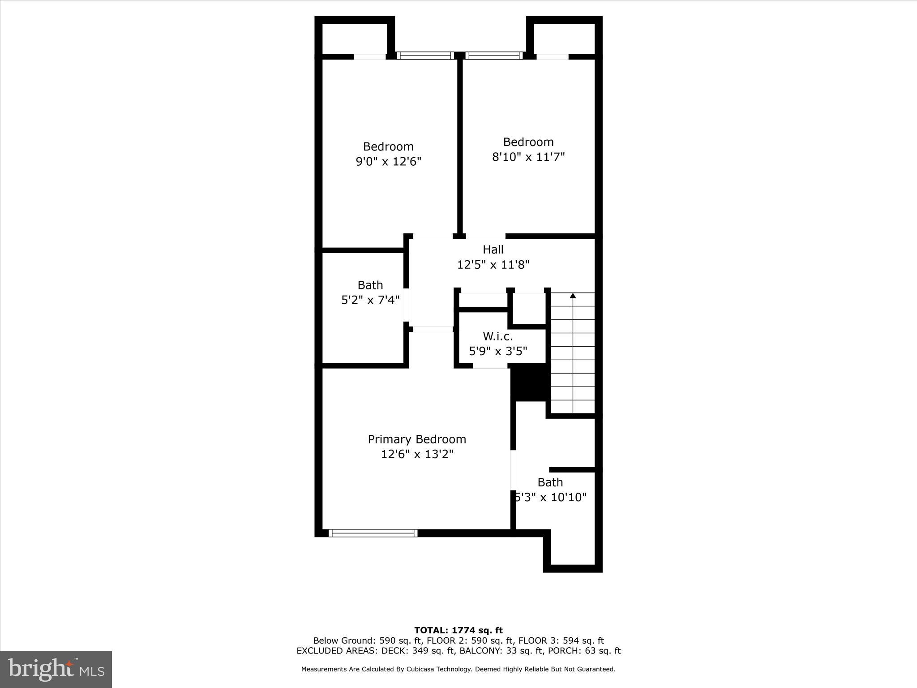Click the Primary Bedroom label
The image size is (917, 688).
point(417,439)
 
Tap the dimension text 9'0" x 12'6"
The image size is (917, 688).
point(389,162)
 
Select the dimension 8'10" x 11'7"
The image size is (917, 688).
point(528,157)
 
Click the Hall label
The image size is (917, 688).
point(493,249)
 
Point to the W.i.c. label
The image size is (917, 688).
point(497,336)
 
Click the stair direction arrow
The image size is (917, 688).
point(573,296)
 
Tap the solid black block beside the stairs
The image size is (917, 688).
point(530,382)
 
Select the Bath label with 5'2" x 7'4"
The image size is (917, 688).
point(370,285)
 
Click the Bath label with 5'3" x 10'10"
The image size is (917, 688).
point(550,482)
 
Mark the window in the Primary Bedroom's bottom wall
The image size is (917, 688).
point(373,533)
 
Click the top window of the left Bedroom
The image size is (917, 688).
point(425,56)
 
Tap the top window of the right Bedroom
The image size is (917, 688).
point(494,56)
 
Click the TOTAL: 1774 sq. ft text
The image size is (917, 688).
point(458,630)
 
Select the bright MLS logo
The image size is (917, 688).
point(56,669)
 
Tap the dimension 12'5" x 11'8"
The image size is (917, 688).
point(493,265)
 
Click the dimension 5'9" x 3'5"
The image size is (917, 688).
point(498,351)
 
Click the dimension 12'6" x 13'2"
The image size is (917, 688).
point(417,454)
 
